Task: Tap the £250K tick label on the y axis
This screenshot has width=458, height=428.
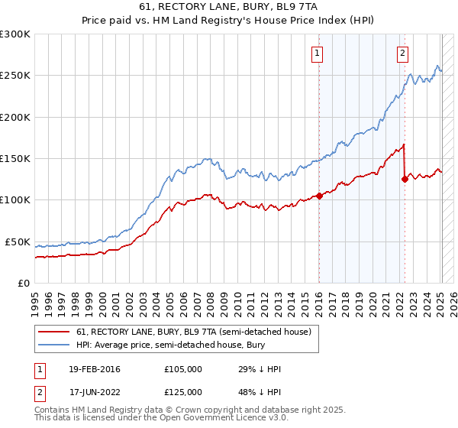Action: [15, 76]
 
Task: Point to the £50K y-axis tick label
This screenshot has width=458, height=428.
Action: [17, 242]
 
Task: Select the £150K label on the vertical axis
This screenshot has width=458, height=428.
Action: [15, 158]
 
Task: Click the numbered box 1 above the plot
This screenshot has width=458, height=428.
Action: [317, 53]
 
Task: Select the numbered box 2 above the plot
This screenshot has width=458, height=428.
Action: [402, 53]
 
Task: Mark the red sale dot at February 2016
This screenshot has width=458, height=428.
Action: [319, 196]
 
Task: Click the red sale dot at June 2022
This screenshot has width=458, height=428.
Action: [405, 180]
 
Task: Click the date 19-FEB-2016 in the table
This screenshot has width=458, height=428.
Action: [95, 369]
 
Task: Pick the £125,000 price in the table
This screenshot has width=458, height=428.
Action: [182, 391]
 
